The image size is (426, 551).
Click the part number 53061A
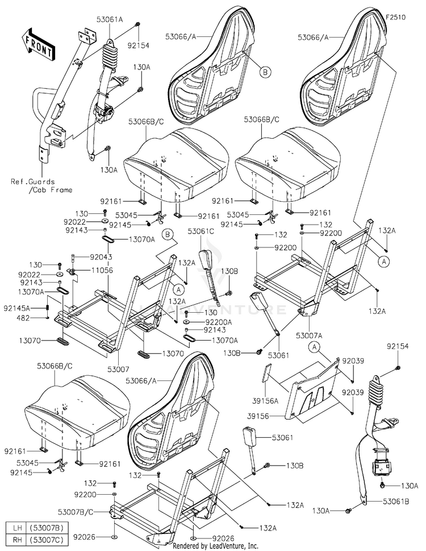pyautogui.click(x=110, y=19)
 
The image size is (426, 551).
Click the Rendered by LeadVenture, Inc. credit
pyautogui.click(x=215, y=546)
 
